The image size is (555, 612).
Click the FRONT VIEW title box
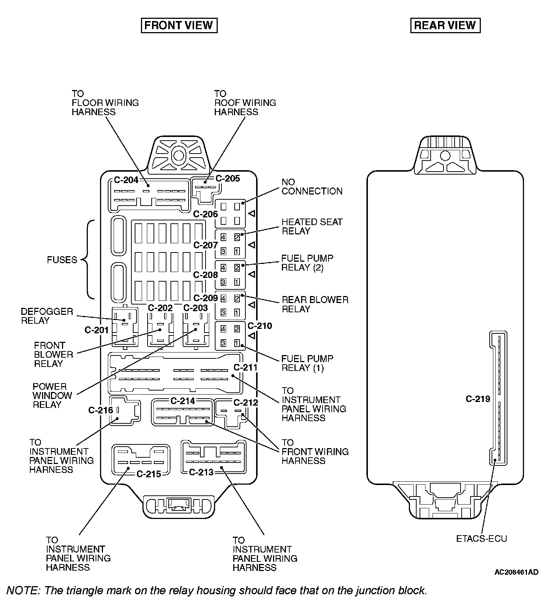179,25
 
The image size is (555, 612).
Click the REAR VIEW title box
445,25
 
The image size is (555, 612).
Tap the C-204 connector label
126,180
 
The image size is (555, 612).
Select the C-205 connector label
228,179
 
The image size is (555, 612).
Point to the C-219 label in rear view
478,399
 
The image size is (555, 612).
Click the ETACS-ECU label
482,539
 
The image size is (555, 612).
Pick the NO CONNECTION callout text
312,187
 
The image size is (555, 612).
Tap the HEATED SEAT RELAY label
312,226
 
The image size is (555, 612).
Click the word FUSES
62,260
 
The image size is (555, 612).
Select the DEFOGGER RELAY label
47,316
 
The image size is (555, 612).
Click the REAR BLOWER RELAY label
315,304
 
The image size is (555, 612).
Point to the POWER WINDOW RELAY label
52,396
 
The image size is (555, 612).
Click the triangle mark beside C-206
252,214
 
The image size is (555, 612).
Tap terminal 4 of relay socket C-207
223,237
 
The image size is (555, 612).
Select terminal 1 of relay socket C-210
237,343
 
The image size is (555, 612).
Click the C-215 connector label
149,474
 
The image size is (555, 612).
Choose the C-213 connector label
201,472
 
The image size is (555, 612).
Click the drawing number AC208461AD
516,572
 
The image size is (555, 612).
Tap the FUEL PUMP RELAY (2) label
307,263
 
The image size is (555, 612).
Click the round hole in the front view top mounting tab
179,155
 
